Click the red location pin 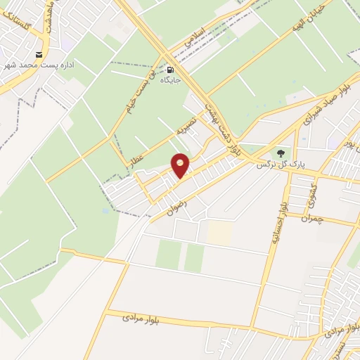click(x=181, y=165)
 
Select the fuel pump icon click(x=170, y=70)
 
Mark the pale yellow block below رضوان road click(x=219, y=233)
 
